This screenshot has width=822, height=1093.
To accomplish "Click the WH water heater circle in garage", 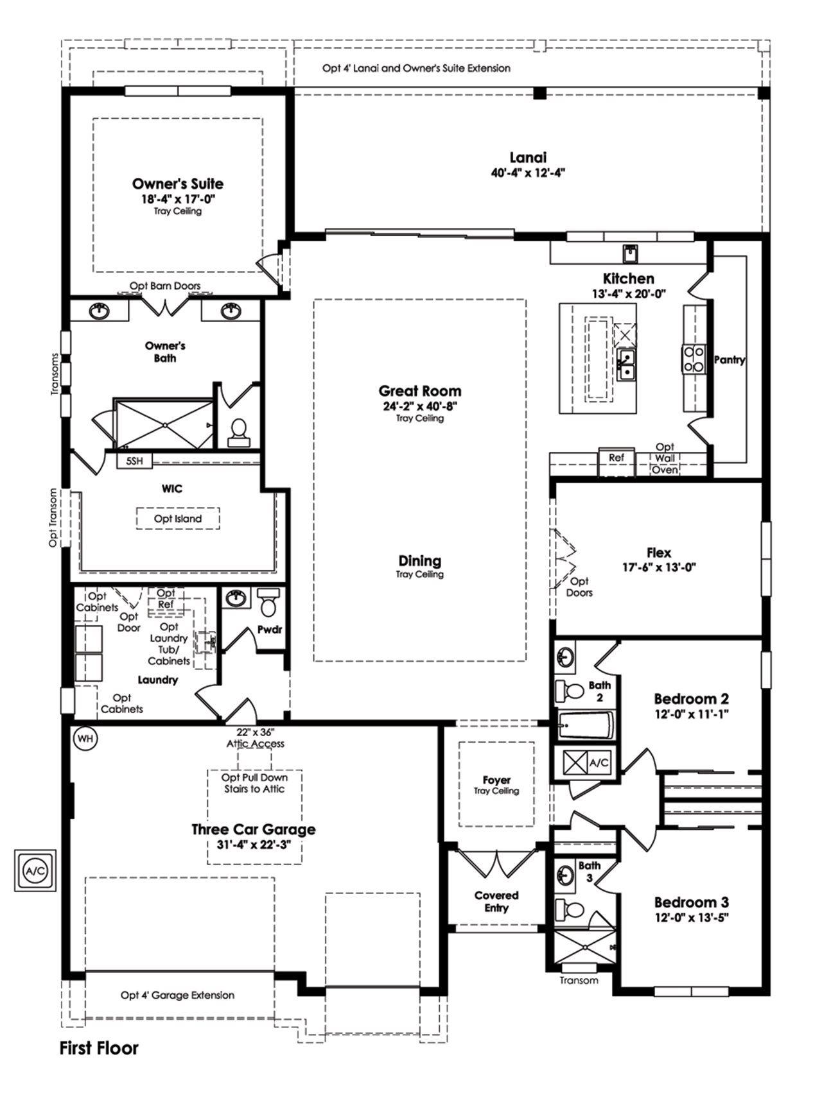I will click(85, 739).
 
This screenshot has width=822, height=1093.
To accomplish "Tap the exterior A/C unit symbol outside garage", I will click(35, 871).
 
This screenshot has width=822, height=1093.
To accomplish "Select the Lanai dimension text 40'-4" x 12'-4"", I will click(527, 173).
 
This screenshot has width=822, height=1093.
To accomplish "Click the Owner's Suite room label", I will click(178, 184).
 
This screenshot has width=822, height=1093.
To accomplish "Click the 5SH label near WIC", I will click(134, 461).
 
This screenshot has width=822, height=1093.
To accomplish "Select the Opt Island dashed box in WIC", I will click(178, 519).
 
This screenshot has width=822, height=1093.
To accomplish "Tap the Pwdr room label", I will click(270, 630).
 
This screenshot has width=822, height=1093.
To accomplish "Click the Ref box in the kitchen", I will click(616, 458).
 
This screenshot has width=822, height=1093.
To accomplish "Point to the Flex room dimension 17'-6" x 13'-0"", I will click(659, 567).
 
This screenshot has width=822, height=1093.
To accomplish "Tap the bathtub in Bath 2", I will click(585, 727).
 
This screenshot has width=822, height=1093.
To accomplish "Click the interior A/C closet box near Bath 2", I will click(587, 762).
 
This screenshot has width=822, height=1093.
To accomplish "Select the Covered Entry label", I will click(496, 902).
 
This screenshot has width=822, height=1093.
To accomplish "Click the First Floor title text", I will click(99, 1049).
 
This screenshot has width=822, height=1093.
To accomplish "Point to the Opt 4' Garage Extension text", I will click(177, 995).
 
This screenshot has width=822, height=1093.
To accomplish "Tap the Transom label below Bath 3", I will click(579, 980).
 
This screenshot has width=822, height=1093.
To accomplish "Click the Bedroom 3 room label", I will click(691, 902).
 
